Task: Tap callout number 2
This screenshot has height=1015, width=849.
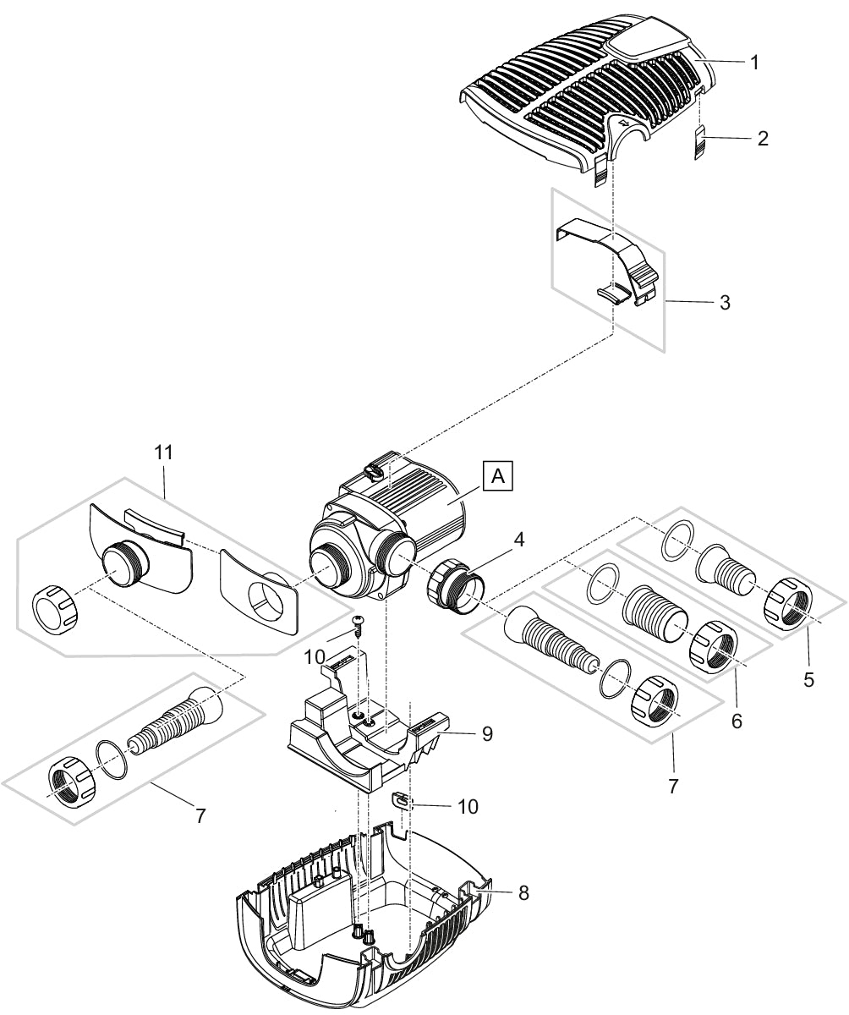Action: (762, 139)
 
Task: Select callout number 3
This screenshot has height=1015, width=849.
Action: (725, 302)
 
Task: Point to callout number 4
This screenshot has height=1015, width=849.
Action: (519, 539)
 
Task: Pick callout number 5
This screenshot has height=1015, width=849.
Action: (809, 679)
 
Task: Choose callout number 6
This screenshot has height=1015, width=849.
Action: (736, 721)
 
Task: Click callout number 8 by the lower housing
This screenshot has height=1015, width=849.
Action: (523, 892)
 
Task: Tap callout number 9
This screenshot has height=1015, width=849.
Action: (487, 734)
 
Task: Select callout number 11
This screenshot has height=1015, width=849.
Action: (163, 453)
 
